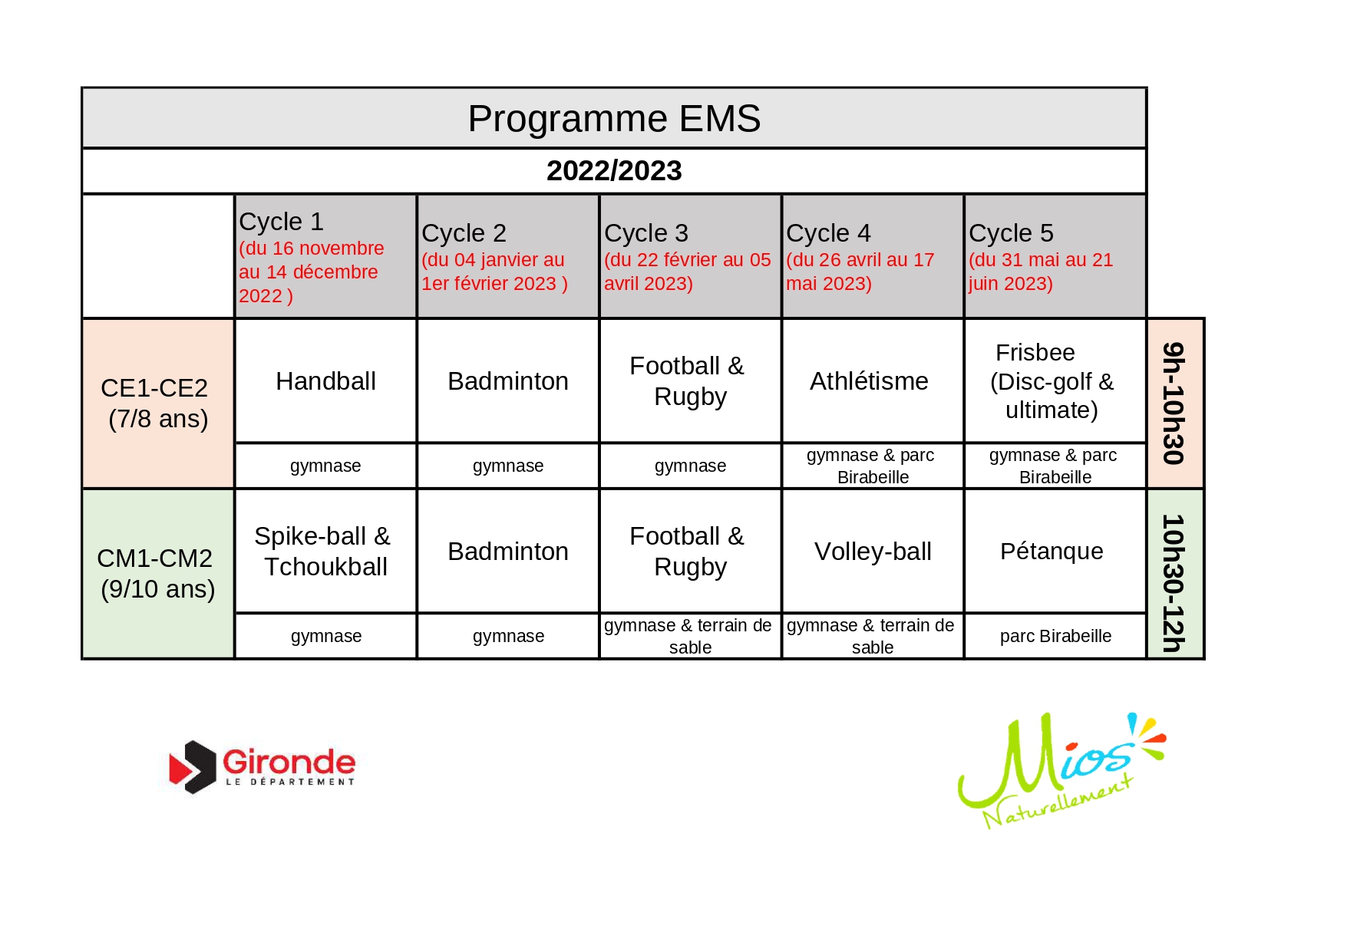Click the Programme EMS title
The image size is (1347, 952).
[x=614, y=119]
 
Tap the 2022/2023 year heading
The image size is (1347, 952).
[x=614, y=170]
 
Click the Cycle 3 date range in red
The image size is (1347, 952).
[x=687, y=272]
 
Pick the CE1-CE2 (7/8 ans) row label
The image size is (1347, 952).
[x=157, y=404]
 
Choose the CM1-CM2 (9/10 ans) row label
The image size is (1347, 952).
[x=157, y=574]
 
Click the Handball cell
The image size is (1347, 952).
[x=325, y=381]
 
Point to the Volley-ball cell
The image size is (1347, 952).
[x=873, y=552]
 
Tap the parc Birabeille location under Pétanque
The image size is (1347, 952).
[x=1055, y=636]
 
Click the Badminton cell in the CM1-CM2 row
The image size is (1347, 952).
[x=508, y=552]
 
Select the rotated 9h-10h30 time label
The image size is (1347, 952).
[x=1174, y=404]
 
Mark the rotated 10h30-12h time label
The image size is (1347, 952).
[x=1174, y=583]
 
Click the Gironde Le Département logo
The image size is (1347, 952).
[x=262, y=767]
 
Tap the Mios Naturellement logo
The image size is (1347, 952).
[x=1061, y=770]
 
